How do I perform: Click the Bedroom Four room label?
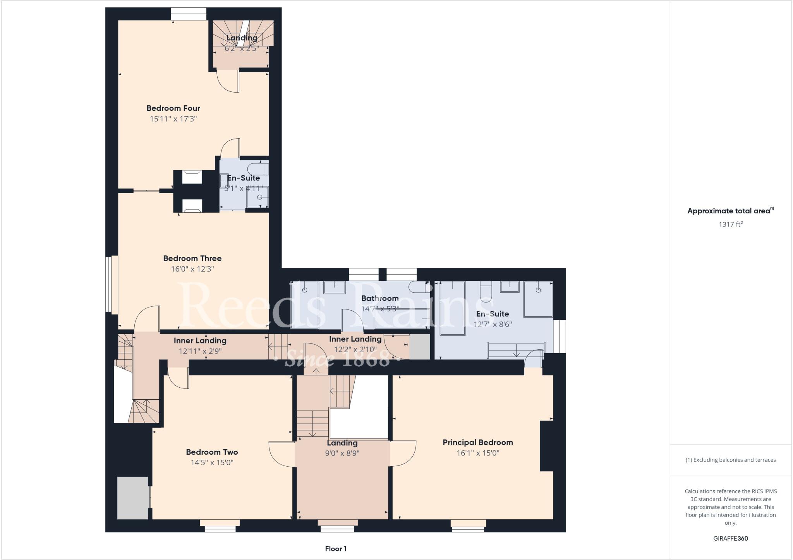pos(173,108)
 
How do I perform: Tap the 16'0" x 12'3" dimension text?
pos(192,269)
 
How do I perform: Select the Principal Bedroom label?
pos(477,442)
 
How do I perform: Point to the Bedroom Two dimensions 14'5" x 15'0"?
pos(212,462)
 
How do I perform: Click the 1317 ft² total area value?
pos(730,224)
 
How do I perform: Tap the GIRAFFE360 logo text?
pos(730,538)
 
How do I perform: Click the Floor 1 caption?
pos(335,548)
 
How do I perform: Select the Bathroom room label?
pos(379,298)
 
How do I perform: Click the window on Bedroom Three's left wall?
pos(111,283)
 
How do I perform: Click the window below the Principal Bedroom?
pos(468,526)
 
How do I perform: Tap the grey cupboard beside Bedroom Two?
pos(133,498)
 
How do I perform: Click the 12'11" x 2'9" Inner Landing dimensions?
pos(200,351)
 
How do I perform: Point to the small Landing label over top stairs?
pos(242,38)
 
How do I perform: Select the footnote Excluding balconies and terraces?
pos(730,460)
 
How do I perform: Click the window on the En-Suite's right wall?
pos(559,336)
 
